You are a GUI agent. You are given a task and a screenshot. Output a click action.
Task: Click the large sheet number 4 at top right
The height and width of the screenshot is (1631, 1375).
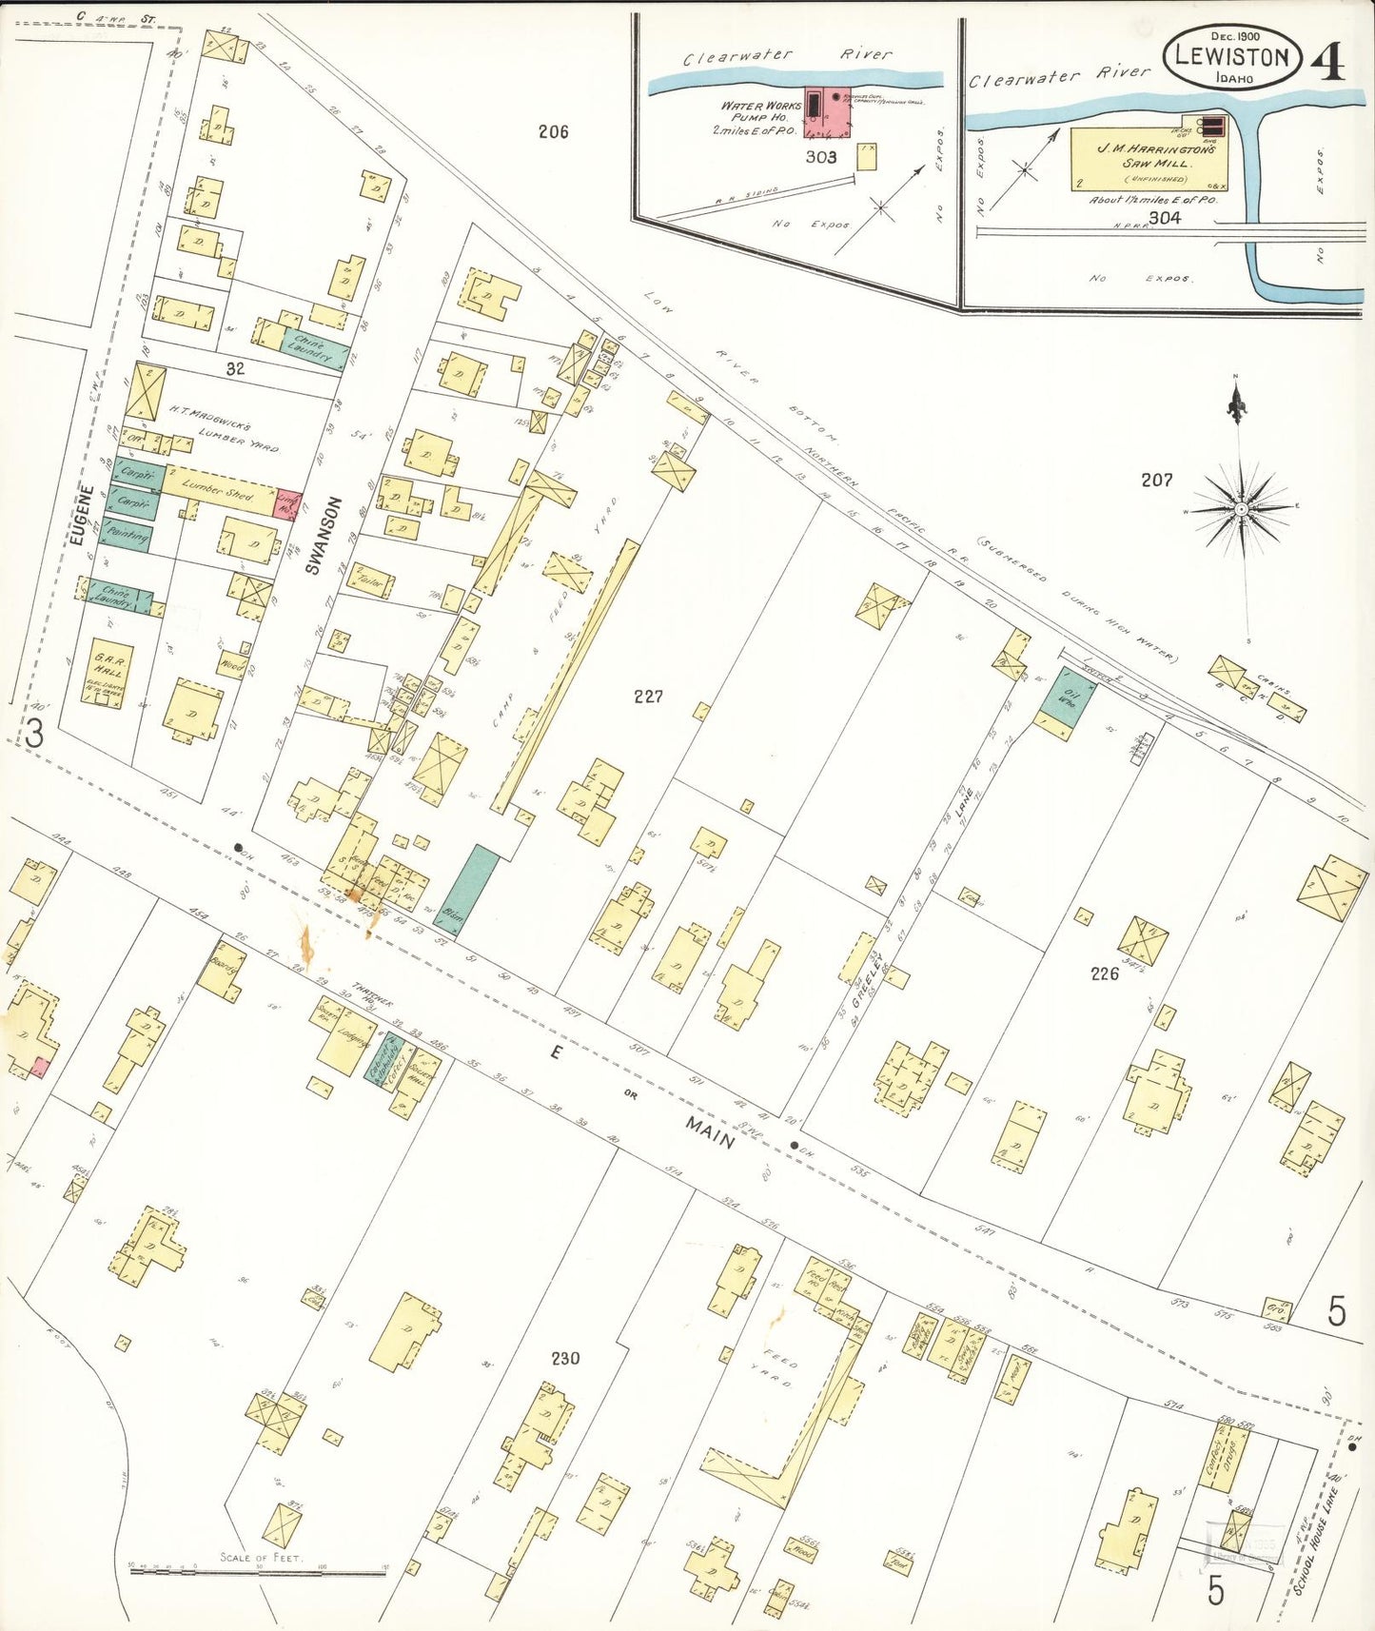point(1327,63)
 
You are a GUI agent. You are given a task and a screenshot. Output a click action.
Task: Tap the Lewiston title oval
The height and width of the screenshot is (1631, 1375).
point(1231,57)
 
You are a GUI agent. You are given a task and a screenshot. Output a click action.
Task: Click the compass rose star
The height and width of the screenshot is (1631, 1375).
point(1241,509)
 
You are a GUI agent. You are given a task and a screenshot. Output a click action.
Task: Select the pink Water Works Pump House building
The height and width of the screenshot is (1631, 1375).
point(826,112)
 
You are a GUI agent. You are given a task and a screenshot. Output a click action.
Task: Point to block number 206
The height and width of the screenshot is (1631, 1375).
point(553,131)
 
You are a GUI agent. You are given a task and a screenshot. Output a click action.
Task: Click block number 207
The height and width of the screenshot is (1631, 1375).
point(1156,481)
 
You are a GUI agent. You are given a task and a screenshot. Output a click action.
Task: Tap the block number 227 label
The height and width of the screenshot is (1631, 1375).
point(648,697)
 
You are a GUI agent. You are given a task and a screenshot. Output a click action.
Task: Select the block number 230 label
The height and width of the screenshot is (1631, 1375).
point(565,1358)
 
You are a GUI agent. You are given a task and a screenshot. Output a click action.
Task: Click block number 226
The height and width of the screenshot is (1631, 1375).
point(1104,973)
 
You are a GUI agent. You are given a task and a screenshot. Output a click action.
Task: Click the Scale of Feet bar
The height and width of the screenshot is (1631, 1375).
point(258,1573)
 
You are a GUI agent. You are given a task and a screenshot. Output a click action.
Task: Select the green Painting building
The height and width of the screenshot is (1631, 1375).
point(127,537)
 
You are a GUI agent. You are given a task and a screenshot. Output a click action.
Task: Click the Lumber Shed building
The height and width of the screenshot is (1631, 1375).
point(219,490)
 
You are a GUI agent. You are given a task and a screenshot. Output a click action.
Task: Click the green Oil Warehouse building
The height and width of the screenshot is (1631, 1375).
point(1067,702)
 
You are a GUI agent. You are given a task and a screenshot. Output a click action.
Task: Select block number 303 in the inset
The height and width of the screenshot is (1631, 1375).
point(820,157)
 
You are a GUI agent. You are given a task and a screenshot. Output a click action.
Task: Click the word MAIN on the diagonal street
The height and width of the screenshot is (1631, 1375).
point(710,1132)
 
